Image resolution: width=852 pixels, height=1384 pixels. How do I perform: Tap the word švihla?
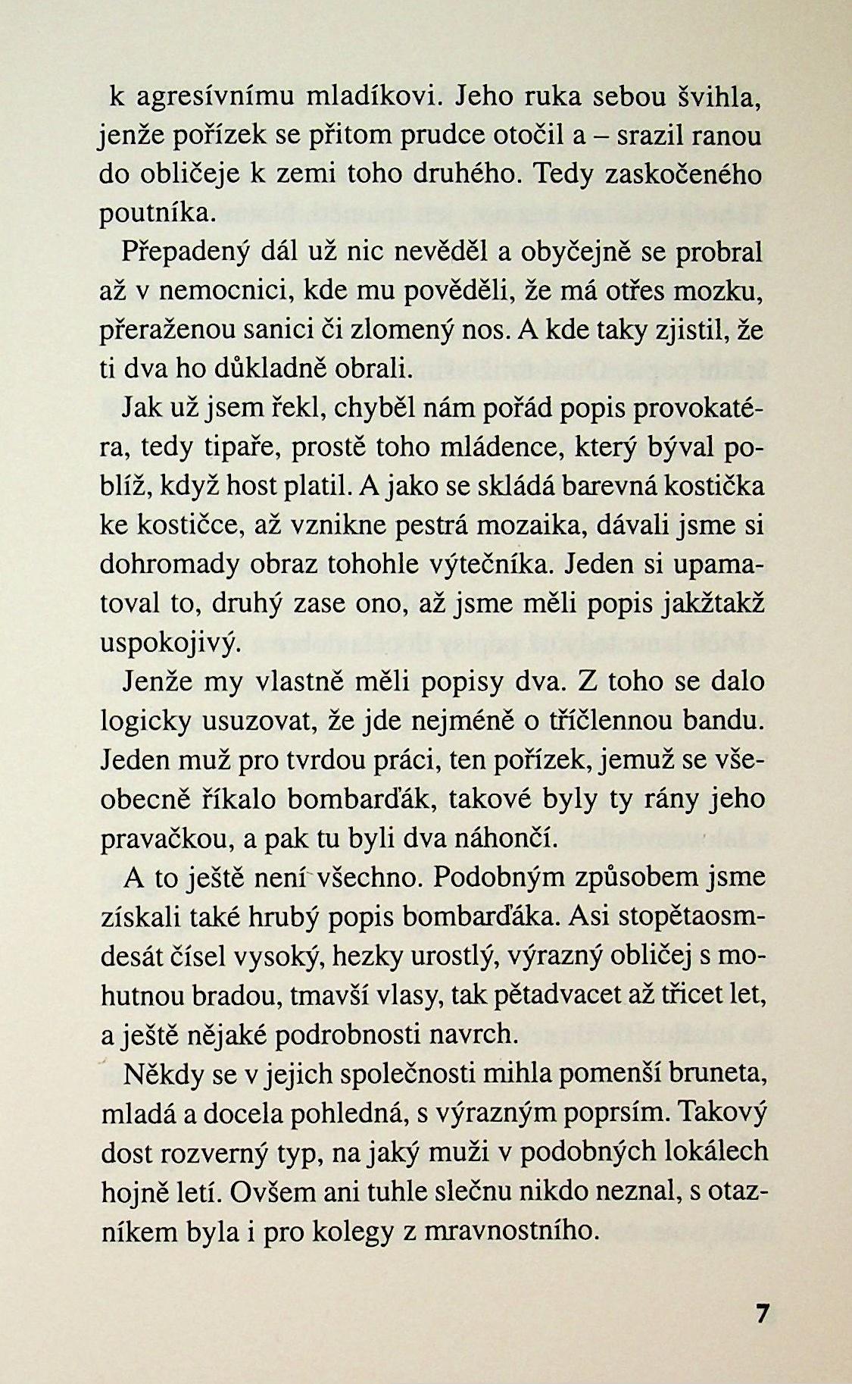pyautogui.click(x=714, y=97)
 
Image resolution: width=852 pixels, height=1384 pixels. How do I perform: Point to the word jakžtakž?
pyautogui.click(x=713, y=603)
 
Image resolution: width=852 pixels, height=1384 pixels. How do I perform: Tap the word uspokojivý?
pyautogui.click(x=170, y=643)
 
